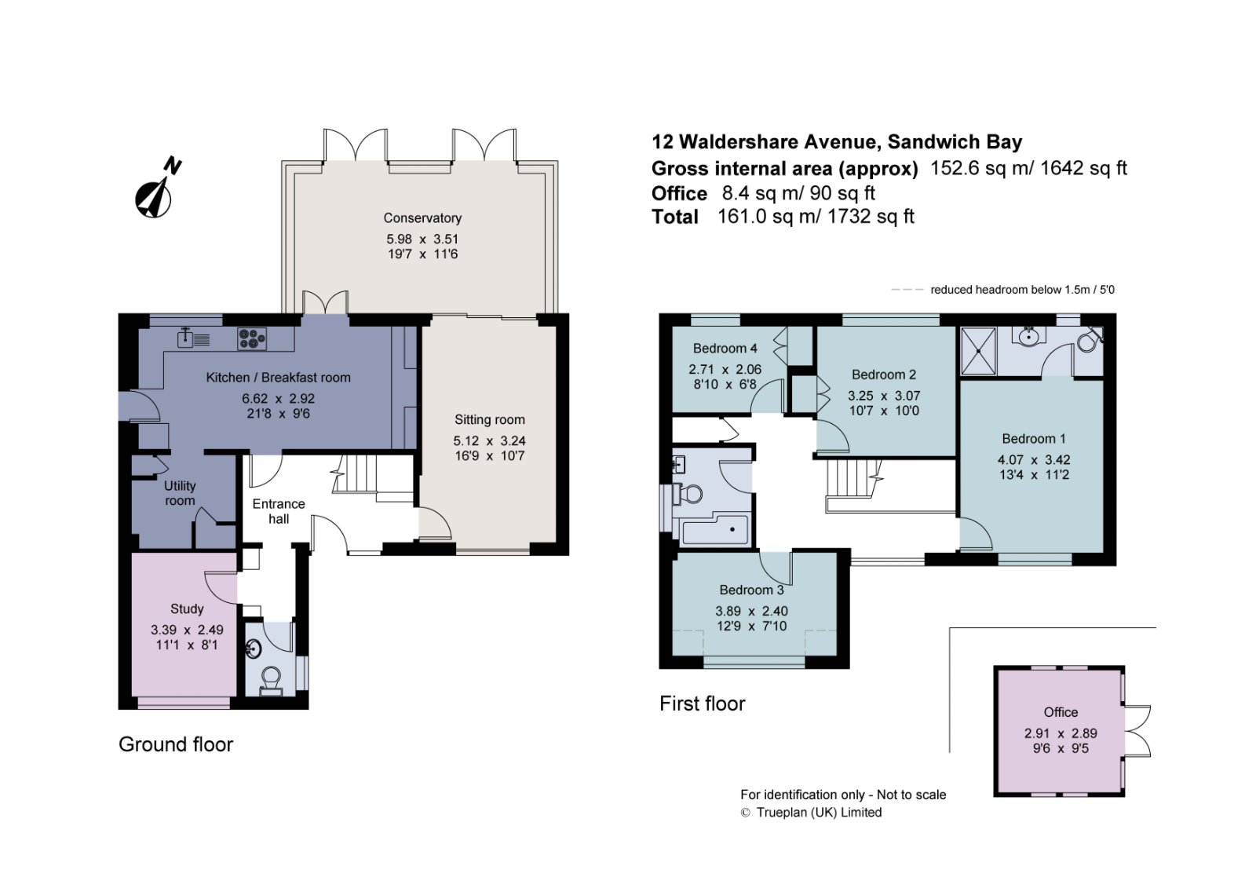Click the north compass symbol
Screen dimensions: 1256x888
(157, 191)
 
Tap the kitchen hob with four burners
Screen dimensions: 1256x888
(252, 339)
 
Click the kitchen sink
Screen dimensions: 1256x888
(193, 338)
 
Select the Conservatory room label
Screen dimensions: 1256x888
(422, 217)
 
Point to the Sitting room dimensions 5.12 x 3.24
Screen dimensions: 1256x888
(490, 440)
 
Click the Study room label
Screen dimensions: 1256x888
(187, 608)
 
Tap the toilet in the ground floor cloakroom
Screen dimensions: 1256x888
(272, 681)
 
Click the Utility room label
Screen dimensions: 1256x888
(180, 492)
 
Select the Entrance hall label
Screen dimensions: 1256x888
(279, 511)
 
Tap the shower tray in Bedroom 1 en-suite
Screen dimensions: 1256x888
(978, 351)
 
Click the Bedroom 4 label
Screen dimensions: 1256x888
(725, 349)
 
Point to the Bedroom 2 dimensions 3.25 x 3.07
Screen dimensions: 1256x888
(883, 396)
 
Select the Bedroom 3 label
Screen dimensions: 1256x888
(751, 590)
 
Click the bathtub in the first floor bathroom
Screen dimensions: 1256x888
(714, 529)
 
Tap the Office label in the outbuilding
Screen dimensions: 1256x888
(1061, 712)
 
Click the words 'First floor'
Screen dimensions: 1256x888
(702, 703)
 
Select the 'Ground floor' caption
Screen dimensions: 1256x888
(176, 744)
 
